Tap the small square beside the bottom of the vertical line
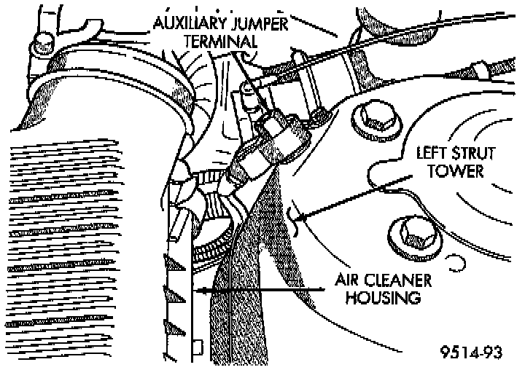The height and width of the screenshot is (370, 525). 198,345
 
